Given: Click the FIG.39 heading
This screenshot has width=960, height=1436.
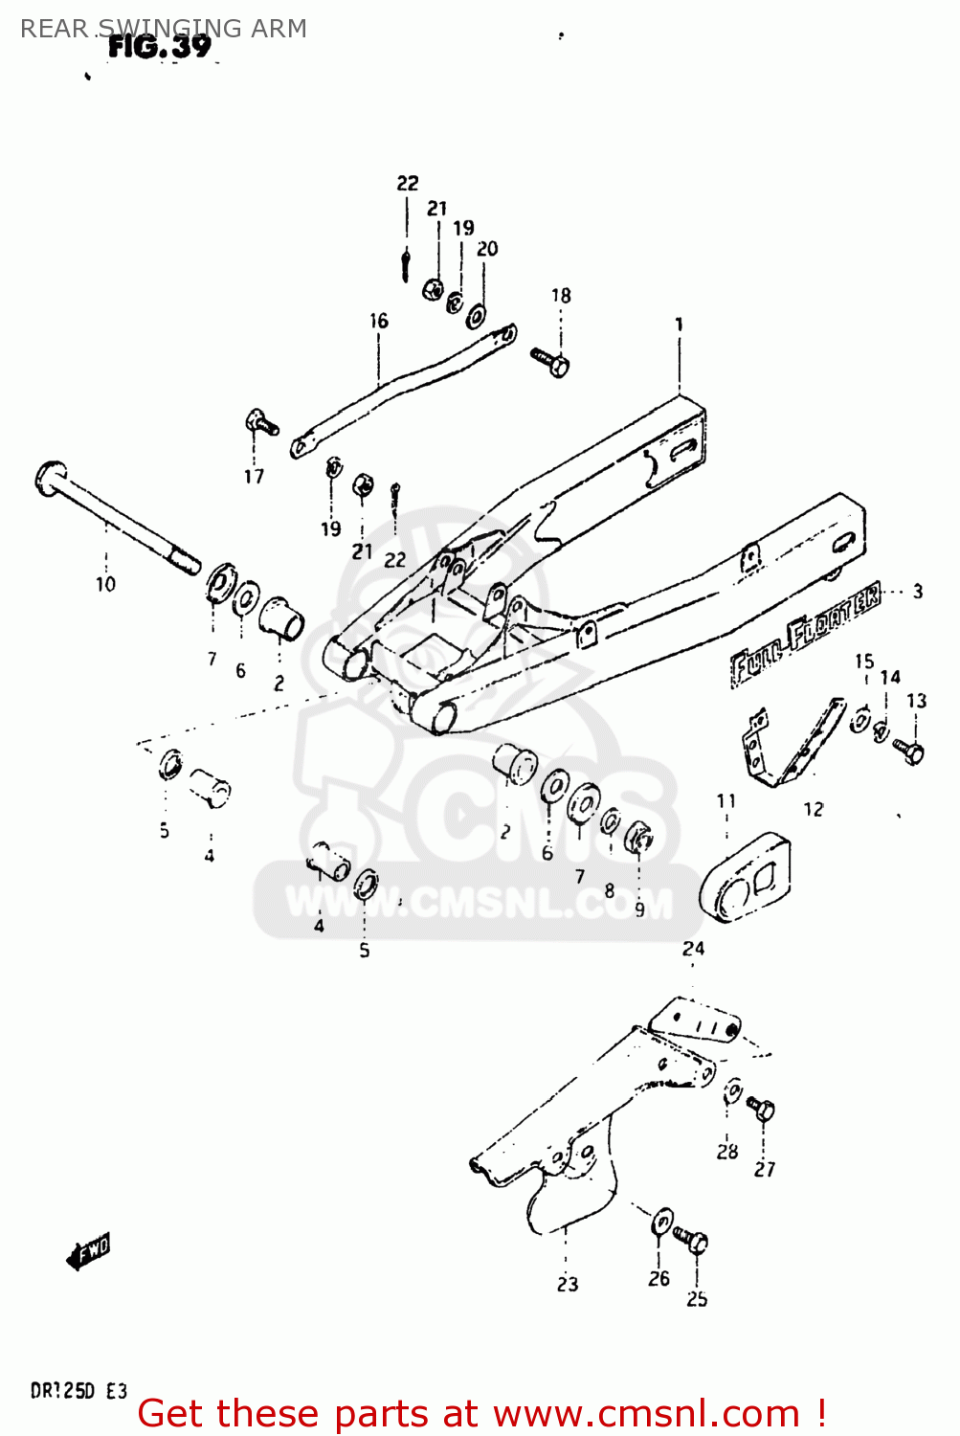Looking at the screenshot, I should pos(159,46).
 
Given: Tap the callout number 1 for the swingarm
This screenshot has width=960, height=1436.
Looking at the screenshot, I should pos(679,325).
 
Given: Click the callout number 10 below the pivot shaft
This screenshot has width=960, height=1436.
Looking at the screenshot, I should pos(105,583).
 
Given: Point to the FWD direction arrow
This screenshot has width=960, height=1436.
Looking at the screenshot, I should pos(89,1250).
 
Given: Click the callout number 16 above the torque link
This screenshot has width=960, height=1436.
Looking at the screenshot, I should pos(379,321).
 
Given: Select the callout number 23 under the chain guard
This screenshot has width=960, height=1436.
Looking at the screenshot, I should pos(568,1284).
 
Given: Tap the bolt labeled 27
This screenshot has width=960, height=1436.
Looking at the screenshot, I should pos(762,1110).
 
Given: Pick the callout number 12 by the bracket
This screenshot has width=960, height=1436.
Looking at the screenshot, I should pos(813,809).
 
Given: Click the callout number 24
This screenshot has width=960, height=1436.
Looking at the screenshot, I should pos(693,948).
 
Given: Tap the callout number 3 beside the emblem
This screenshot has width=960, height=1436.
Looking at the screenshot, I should pos(917,591).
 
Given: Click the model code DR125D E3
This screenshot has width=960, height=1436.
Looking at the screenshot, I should pos(78,1391).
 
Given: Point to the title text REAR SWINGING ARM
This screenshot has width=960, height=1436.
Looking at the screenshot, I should pos(164,29).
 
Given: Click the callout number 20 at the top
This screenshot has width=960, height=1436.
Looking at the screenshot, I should pos(487,249).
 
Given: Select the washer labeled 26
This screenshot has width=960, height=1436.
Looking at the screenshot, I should pos(661,1222).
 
